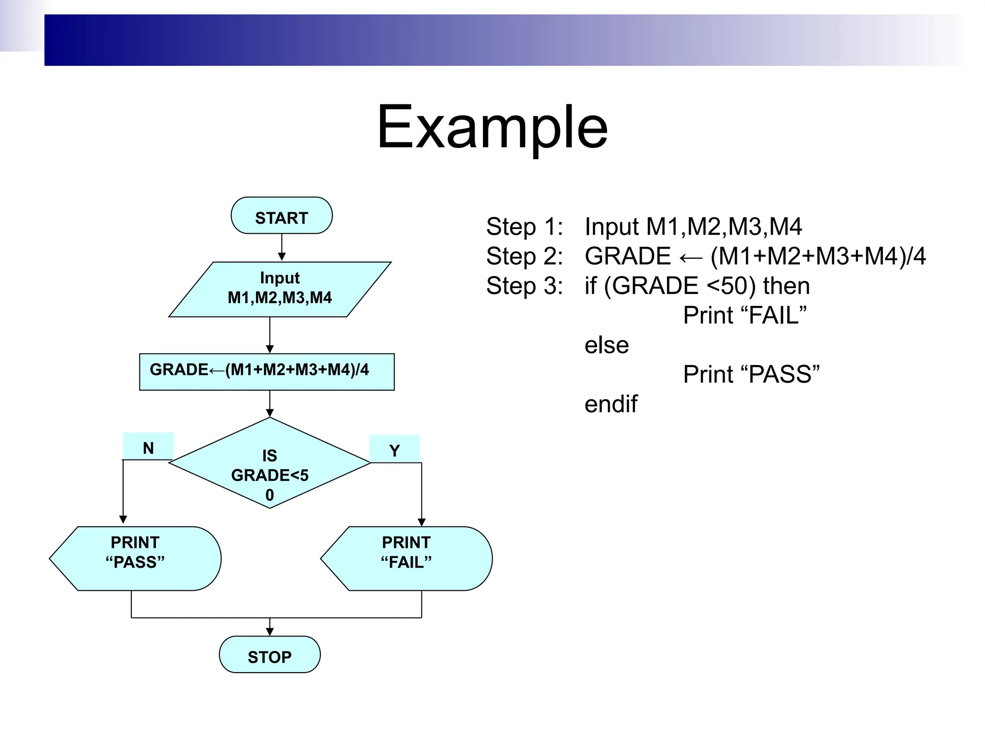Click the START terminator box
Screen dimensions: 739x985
coord(281,216)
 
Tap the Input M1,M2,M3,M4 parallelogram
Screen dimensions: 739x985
coord(280,289)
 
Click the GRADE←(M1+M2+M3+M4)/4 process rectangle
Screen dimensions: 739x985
coord(267,371)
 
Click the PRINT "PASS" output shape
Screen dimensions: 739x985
coord(136,558)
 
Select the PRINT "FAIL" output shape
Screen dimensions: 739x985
coord(407,558)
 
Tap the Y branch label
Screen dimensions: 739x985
coord(394,449)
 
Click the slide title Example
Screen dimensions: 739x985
coord(492,127)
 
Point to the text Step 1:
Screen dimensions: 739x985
coord(524,227)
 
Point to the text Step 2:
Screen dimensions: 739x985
coord(524,256)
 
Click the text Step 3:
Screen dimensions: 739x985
coord(524,286)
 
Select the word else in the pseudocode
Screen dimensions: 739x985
coord(606,345)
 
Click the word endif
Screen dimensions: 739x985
coord(611,404)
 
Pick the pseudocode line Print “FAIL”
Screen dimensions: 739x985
coord(745,316)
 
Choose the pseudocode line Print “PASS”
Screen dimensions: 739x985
coord(751,374)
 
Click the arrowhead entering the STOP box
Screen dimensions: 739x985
coord(270,632)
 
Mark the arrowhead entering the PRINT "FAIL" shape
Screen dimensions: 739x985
coord(422,522)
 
